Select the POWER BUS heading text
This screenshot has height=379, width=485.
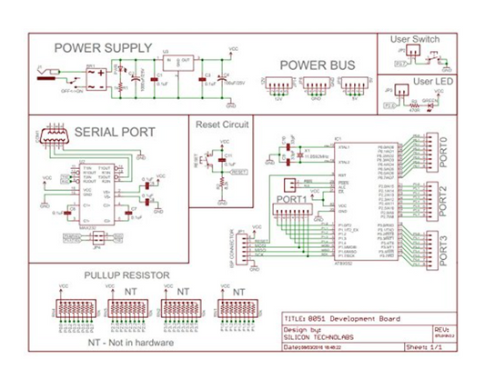[316, 65]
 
